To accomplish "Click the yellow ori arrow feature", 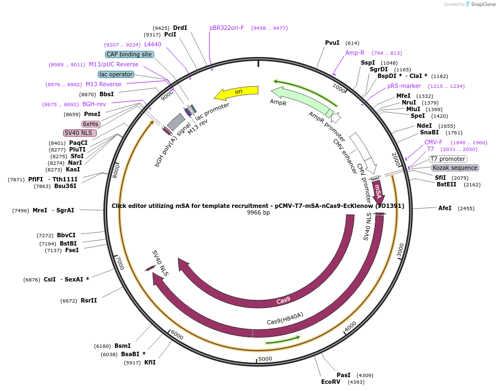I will [x=237, y=92].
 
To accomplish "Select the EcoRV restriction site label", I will [x=331, y=382].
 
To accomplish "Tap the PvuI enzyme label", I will [x=332, y=43].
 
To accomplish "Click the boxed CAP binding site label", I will [x=129, y=54].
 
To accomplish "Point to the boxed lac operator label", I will [x=116, y=74].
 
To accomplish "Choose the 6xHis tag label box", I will [x=90, y=124].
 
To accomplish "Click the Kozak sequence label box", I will [x=455, y=168].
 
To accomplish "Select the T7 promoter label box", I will [x=448, y=159].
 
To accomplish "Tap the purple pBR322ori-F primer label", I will [x=227, y=28].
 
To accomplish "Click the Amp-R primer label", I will [x=355, y=53].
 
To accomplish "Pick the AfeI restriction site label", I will [x=445, y=208].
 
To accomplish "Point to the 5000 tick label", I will [x=265, y=359].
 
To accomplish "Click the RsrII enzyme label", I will [x=88, y=300].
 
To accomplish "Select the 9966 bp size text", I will [x=258, y=213].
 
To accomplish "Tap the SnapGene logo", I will [x=479, y=4].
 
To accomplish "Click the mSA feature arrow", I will [x=378, y=191].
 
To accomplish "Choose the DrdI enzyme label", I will [x=180, y=28].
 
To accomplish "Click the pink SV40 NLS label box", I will [x=80, y=133].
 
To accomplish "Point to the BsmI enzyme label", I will [x=122, y=346].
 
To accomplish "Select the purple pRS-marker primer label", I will [x=404, y=86].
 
